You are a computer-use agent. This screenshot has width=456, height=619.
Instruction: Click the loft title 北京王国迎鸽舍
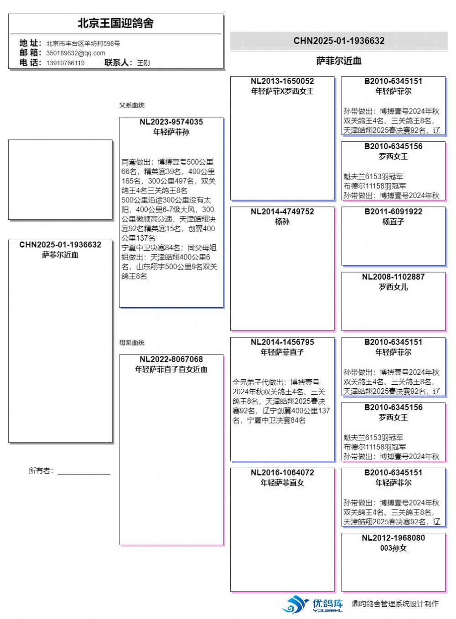tap(115, 23)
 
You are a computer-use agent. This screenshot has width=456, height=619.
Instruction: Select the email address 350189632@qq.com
tap(76, 53)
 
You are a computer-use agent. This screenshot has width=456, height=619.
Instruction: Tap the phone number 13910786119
tap(65, 63)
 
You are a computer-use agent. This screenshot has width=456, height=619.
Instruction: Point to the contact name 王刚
tap(143, 63)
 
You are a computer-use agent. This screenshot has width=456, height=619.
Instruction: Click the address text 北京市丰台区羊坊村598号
tap(83, 43)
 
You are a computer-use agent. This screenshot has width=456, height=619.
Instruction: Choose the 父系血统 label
tap(132, 105)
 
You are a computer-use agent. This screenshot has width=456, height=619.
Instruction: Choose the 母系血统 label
tap(132, 342)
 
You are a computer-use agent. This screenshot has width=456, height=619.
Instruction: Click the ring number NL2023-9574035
tap(171, 122)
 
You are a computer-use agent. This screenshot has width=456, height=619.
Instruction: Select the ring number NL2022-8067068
tap(171, 359)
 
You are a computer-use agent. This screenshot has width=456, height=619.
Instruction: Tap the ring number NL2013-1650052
tap(282, 81)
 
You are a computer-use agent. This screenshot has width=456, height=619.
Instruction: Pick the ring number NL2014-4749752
tap(282, 211)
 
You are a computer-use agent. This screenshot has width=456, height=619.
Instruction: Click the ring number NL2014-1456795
tap(282, 342)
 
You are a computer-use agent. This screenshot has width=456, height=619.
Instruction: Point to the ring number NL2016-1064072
tap(282, 473)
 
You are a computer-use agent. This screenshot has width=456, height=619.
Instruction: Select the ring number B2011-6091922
tap(393, 211)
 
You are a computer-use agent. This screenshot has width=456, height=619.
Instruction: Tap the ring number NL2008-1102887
tap(393, 277)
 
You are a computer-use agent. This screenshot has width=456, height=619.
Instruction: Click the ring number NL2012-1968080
tap(393, 538)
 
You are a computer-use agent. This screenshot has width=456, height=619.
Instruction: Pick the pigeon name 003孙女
tap(393, 548)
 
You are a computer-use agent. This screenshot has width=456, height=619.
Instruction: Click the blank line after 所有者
tap(84, 472)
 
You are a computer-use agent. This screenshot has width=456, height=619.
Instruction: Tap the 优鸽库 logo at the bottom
tap(313, 604)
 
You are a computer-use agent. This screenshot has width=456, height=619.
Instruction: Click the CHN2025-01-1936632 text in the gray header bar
tap(339, 41)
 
